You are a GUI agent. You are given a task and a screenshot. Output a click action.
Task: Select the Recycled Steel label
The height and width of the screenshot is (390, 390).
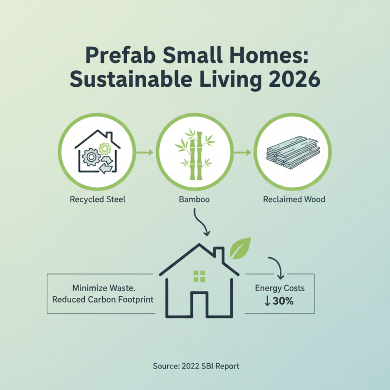point(97,199)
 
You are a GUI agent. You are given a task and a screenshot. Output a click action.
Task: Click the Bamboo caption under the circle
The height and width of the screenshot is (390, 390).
point(195,199)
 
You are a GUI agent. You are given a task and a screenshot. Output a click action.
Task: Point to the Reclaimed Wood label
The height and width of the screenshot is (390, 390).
point(293,199)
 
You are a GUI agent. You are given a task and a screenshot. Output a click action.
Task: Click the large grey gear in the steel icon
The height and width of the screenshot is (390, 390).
point(91,157)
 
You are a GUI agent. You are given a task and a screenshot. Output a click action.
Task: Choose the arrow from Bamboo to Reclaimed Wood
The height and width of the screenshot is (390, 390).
point(243,153)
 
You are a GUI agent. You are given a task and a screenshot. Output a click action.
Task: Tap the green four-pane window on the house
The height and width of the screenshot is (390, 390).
point(199,276)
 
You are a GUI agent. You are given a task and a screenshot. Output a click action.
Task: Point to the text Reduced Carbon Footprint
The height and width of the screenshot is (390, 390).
point(103,299)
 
